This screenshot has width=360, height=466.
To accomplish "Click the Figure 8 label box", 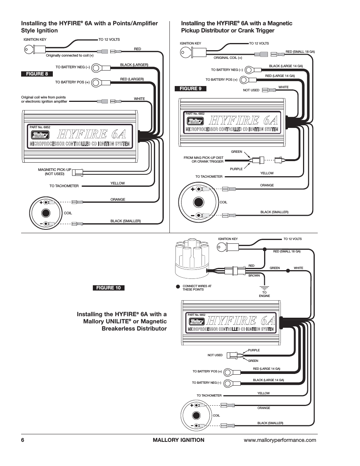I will (37, 74).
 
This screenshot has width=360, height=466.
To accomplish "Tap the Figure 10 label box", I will (109, 288).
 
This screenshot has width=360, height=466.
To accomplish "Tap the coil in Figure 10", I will (195, 415).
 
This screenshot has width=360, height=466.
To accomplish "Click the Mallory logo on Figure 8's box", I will (40, 134).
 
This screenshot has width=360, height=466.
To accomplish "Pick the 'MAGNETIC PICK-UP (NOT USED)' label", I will (55, 172).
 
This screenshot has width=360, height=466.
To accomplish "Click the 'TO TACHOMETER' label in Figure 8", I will (64, 186).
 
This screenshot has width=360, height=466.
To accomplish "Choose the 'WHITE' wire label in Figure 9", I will (283, 87).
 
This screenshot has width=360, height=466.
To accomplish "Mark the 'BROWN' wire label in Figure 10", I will (254, 275).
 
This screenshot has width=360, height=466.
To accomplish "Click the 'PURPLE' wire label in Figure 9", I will (236, 169).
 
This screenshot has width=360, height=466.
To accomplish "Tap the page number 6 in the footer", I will (23, 440).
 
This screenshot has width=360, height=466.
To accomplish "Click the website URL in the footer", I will (280, 440).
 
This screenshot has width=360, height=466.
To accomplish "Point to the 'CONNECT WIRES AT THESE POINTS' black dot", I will (178, 286).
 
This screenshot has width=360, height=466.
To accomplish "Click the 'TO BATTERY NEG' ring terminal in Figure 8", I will (97, 68).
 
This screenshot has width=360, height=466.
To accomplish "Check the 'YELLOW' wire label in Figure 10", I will (263, 393).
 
